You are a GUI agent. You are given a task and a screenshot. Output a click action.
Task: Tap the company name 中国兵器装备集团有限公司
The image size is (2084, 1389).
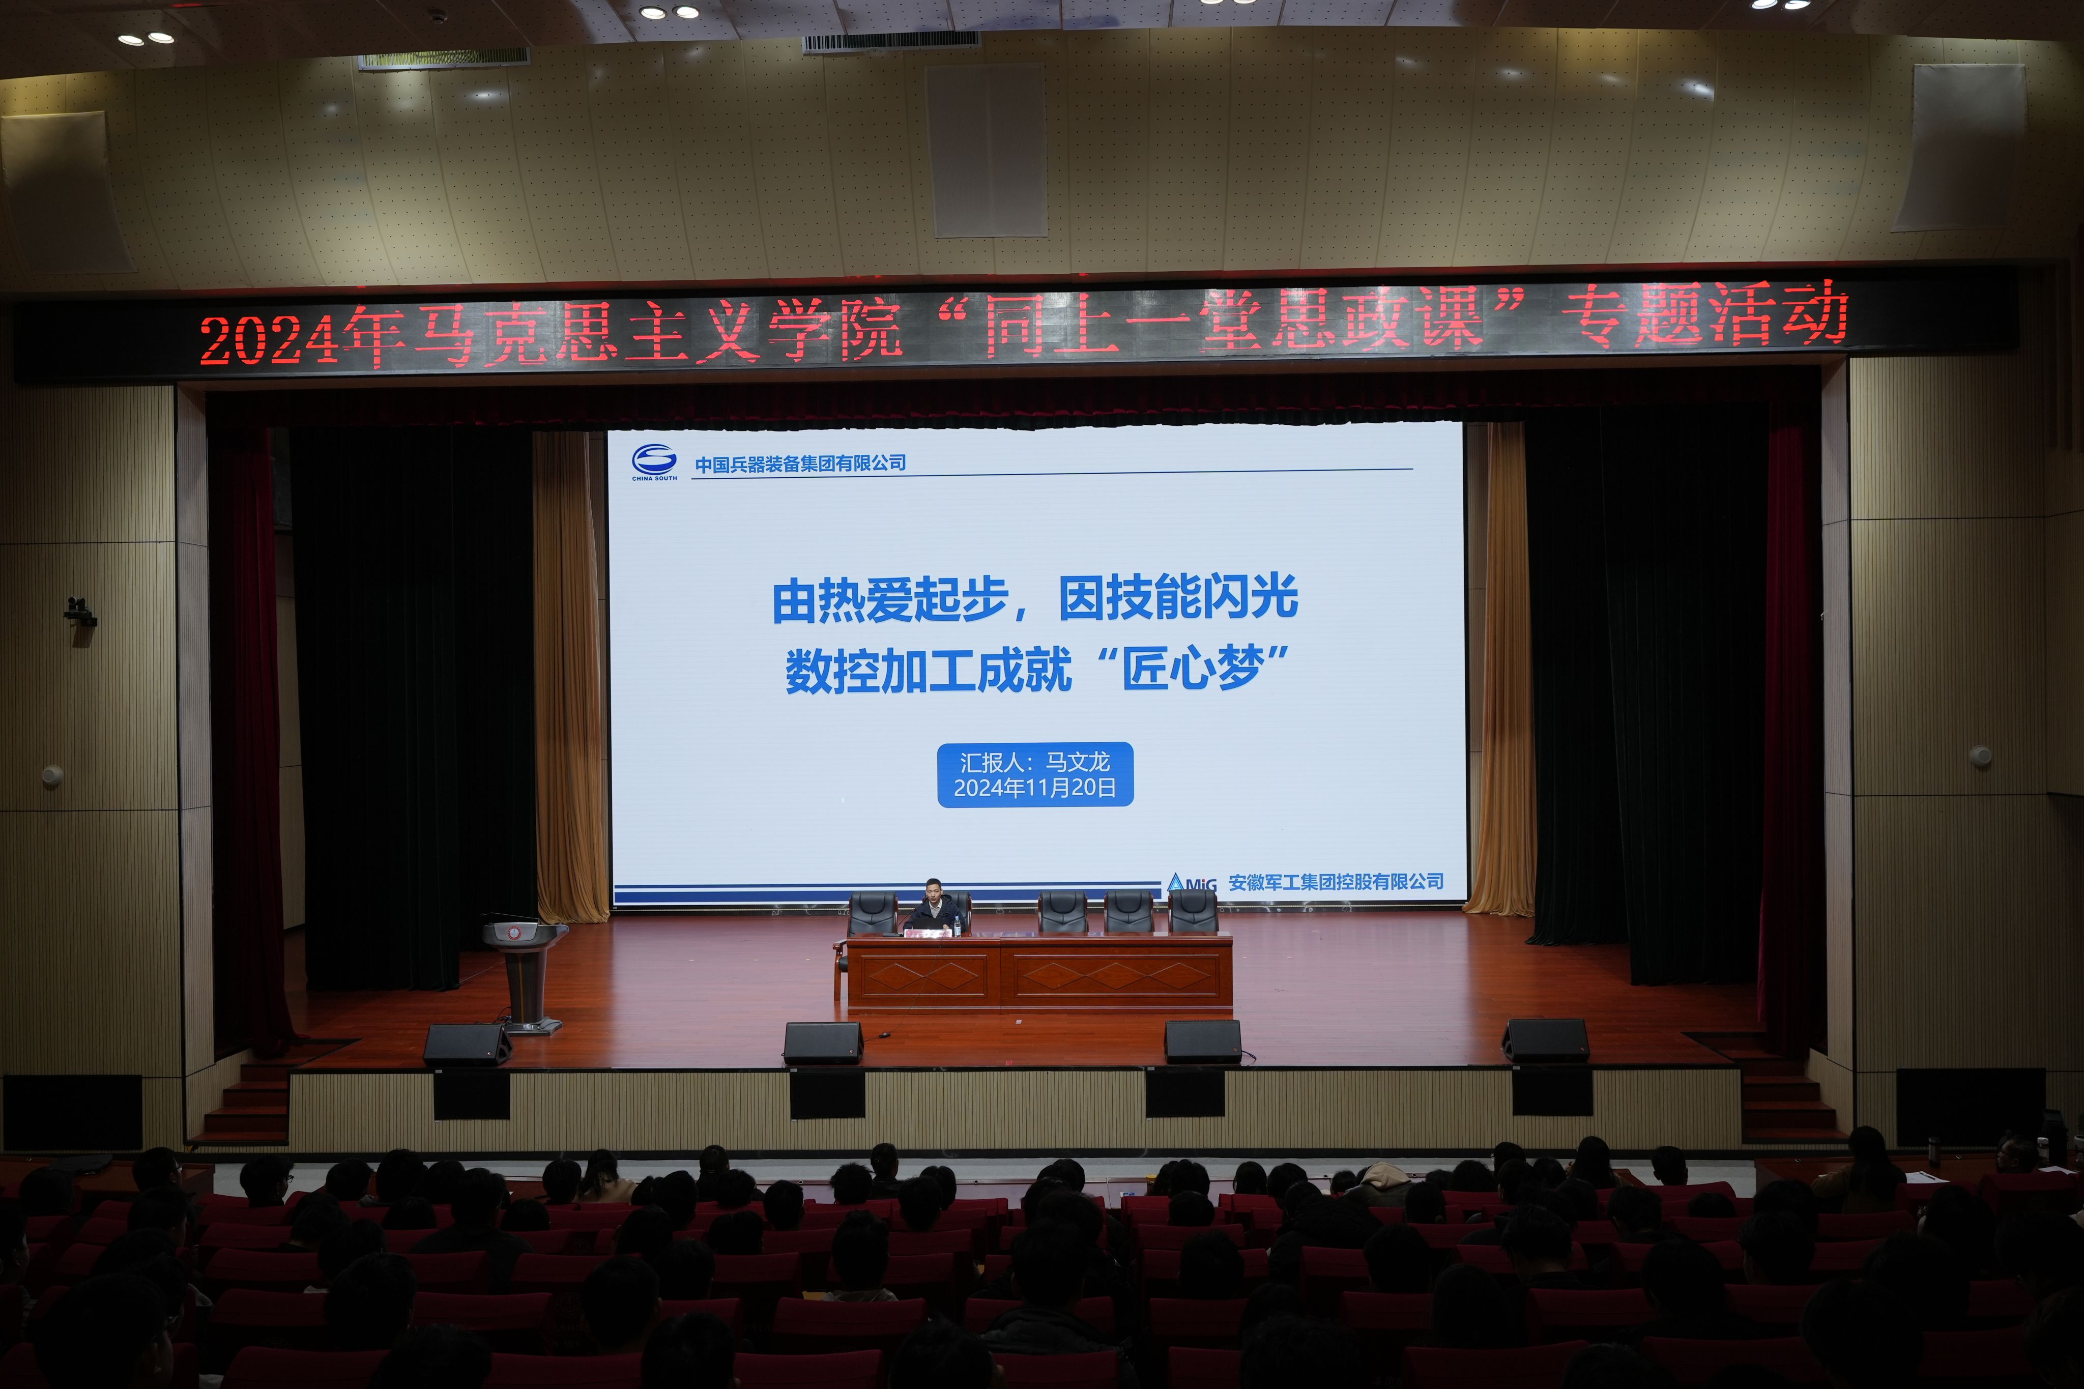pyautogui.click(x=800, y=464)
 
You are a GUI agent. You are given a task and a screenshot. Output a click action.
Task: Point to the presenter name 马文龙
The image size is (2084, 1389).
pyautogui.click(x=1078, y=762)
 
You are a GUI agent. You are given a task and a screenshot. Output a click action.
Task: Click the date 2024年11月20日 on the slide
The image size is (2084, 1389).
pyautogui.click(x=1034, y=788)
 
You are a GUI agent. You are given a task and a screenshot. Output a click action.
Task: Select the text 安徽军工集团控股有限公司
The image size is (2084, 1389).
pyautogui.click(x=1336, y=881)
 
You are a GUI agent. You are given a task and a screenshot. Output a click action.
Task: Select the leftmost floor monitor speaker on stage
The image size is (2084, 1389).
pyautogui.click(x=467, y=1045)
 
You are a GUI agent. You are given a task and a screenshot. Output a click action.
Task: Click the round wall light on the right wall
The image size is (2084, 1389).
pyautogui.click(x=1980, y=757)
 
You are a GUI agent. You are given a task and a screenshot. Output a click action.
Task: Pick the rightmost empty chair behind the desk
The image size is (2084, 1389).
pyautogui.click(x=1192, y=912)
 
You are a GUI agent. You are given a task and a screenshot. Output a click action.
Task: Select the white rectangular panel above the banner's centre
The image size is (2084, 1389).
pyautogui.click(x=985, y=151)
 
